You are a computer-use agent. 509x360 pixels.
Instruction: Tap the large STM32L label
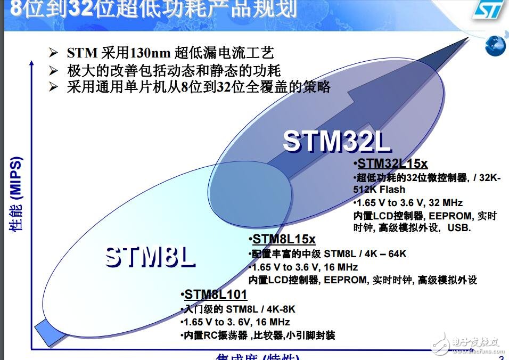(x=336, y=141)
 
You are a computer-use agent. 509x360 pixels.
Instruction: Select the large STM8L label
(x=150, y=256)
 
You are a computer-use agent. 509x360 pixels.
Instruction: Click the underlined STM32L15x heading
(x=392, y=163)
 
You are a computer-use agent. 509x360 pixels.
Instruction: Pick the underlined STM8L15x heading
(x=284, y=240)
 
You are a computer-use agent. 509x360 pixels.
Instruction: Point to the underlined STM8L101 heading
(x=216, y=295)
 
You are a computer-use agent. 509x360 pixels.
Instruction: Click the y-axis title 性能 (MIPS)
(x=15, y=194)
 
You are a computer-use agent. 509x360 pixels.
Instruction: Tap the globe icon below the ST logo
(x=496, y=46)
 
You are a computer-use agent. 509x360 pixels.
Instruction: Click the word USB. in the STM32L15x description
(x=459, y=228)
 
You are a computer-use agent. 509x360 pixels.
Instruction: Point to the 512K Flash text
(x=379, y=190)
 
